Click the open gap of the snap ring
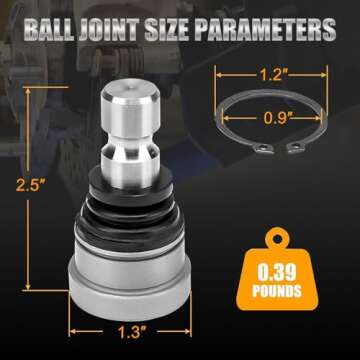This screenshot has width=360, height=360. pyautogui.click(x=296, y=149)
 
